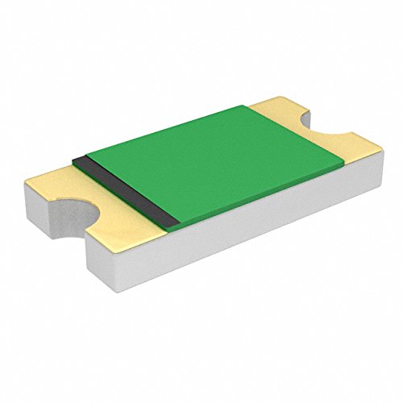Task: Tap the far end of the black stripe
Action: point(79,158)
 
